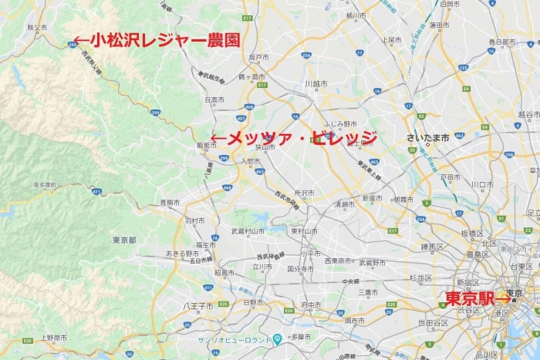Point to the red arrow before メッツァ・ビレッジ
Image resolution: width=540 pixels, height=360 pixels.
point(218,140)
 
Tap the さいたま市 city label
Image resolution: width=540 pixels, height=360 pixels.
point(429,138)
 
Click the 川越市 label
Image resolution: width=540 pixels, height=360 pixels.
point(316,82)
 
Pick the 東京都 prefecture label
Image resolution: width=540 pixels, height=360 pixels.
point(124,240)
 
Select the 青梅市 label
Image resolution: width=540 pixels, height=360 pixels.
point(170,203)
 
